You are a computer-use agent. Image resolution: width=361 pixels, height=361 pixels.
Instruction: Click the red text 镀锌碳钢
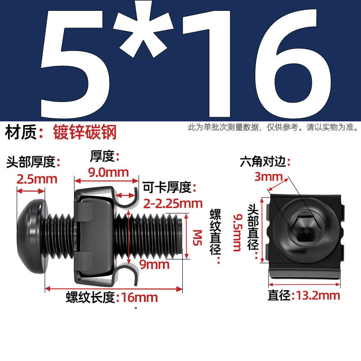85,132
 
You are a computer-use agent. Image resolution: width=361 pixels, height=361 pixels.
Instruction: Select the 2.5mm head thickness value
37,179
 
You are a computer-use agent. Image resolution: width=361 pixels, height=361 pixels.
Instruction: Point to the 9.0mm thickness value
108,172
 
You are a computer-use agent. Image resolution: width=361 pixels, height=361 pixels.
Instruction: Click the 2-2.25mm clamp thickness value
172,203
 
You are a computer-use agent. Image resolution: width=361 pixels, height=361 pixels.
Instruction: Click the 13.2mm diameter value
316,296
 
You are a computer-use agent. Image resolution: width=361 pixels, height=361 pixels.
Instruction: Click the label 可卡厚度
167,187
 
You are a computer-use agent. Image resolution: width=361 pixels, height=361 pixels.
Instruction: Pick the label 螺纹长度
90,297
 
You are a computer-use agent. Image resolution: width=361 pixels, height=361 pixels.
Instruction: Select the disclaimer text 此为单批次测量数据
224,128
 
